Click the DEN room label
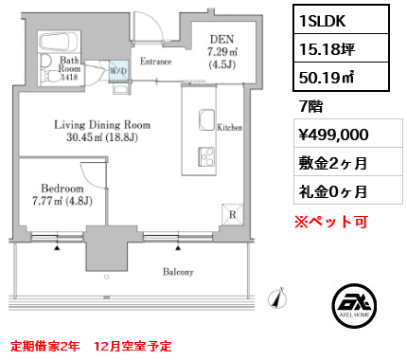click(x=221, y=39)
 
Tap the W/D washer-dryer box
click(x=118, y=69)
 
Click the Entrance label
click(x=155, y=62)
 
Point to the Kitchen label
click(x=232, y=126)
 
